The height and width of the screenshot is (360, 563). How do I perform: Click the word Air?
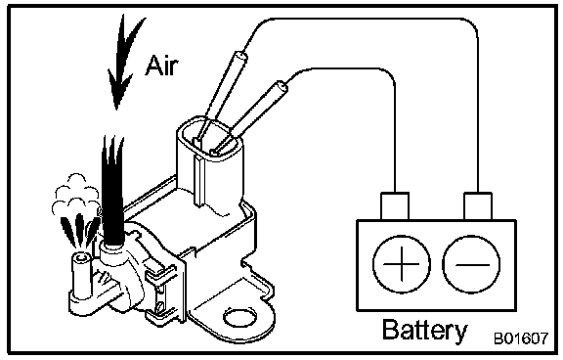(x=161, y=66)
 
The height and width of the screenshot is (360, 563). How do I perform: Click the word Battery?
(x=425, y=330)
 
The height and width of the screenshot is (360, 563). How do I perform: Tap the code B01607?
(x=521, y=338)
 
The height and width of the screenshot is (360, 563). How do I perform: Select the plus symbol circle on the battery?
(x=402, y=264)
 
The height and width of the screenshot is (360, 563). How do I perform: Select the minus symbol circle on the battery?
(x=471, y=264)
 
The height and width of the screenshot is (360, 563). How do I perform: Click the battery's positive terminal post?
(x=395, y=205)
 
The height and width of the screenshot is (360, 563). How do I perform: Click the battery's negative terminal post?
(x=478, y=205)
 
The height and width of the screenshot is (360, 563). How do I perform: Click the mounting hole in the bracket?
(x=240, y=317)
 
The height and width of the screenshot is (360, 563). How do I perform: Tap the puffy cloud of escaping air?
(x=74, y=196)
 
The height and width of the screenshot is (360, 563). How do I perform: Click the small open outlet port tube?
(x=81, y=273)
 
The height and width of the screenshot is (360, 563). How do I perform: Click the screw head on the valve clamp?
(x=160, y=307)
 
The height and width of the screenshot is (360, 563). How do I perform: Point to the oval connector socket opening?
(x=209, y=138)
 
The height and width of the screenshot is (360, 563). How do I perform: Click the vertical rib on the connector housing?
(x=198, y=181)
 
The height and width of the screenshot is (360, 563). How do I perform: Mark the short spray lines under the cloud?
(x=80, y=230)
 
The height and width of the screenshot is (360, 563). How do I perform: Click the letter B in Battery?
(x=390, y=329)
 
